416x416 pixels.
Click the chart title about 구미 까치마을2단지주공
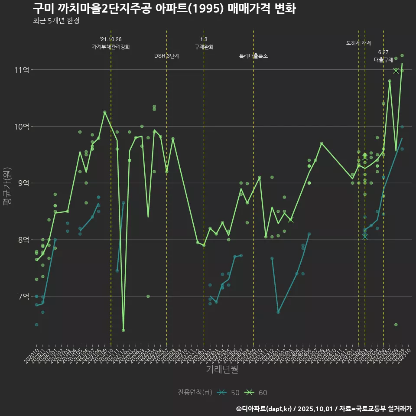coord(164,9)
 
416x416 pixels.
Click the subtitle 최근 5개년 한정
coord(56,21)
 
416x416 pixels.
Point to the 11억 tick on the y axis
coord(23,70)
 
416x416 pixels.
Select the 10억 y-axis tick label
coord(23,127)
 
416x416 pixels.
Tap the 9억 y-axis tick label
coord(23,183)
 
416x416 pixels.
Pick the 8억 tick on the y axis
coord(23,240)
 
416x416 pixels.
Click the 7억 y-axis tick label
coord(23,296)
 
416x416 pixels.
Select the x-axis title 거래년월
coord(221,370)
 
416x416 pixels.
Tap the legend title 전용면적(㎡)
coord(195,393)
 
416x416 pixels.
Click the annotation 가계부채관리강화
coord(111,47)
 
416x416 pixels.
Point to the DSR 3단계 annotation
coord(167,56)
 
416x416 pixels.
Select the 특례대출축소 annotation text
coord(253,56)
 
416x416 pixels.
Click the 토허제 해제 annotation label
coord(359,43)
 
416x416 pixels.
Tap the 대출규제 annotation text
coord(383,60)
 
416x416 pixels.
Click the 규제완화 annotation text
coord(204,47)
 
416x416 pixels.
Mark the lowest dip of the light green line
coord(123,330)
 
